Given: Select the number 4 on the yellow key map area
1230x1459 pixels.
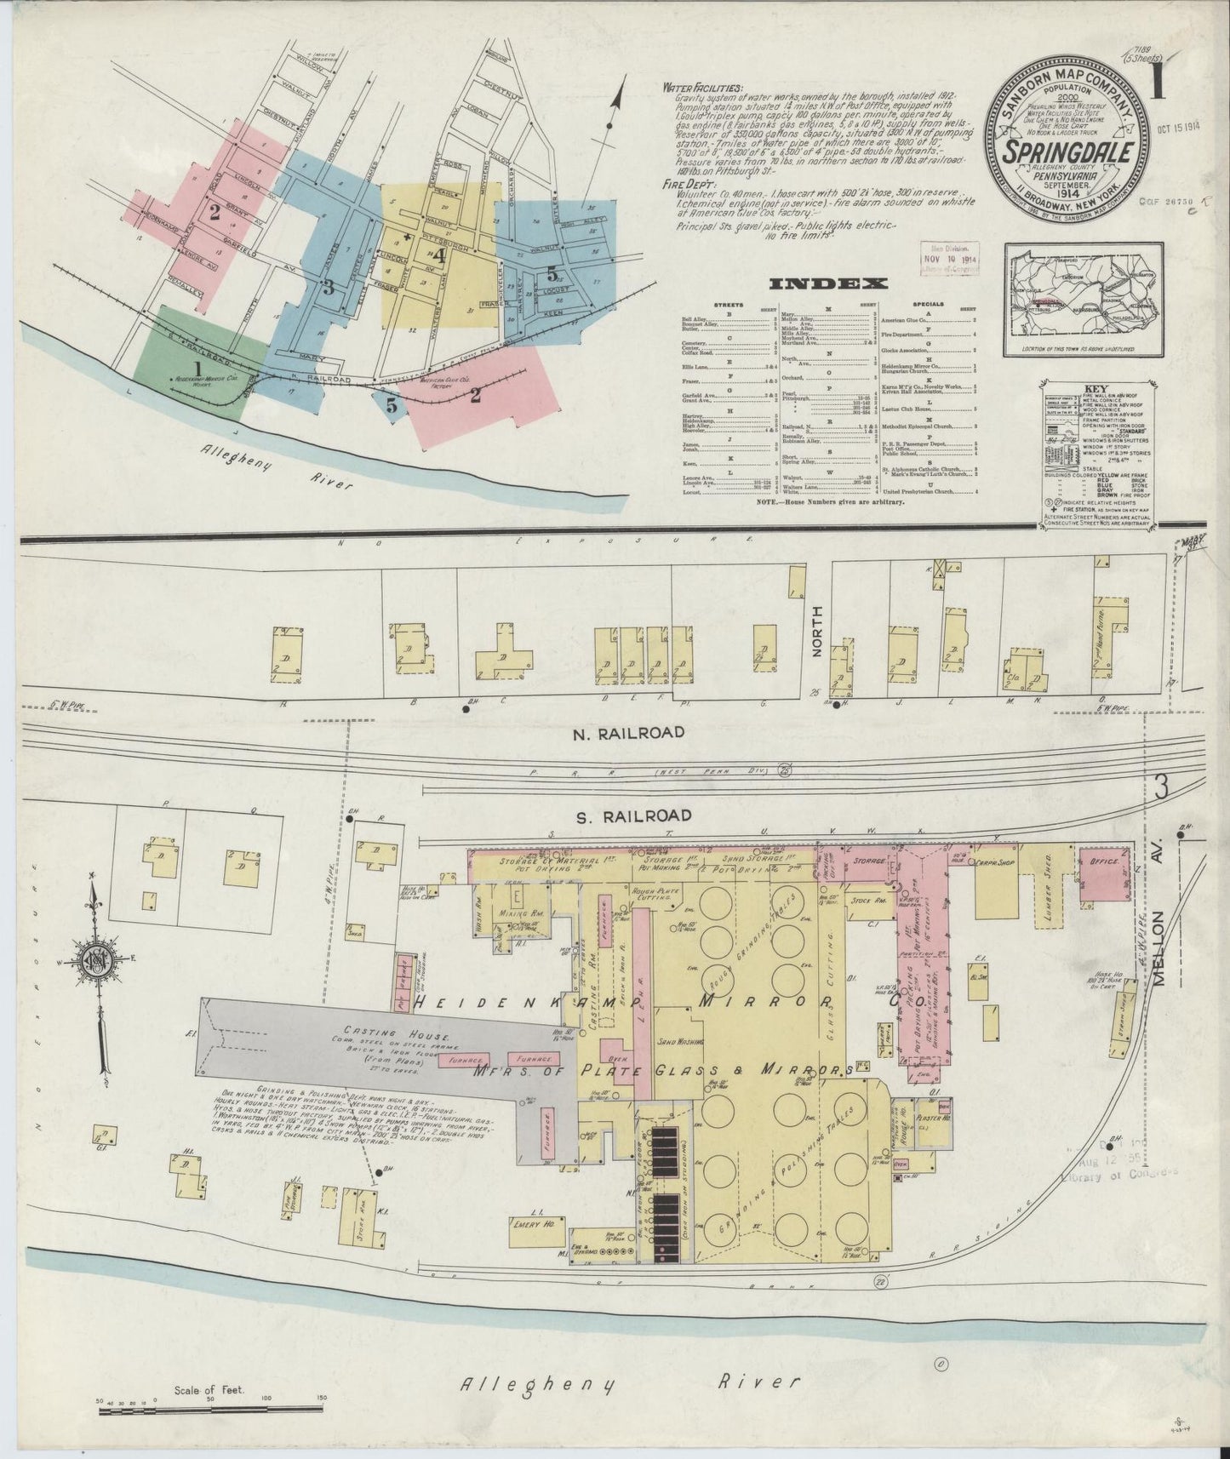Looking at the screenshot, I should (439, 255).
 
